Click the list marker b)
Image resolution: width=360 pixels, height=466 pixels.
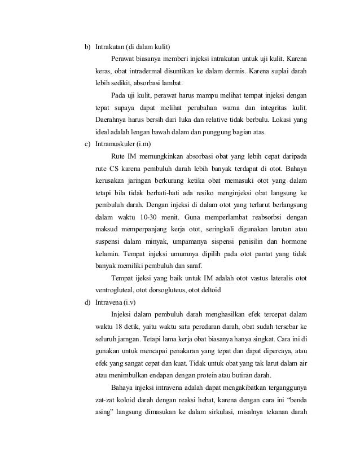click(87, 46)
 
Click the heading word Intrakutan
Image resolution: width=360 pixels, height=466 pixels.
click(109, 46)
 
